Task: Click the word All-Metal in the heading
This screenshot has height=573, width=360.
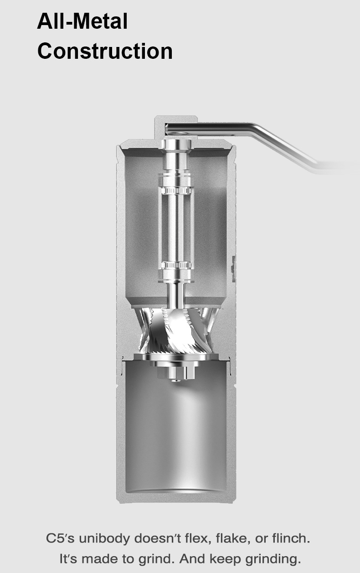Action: coord(82,21)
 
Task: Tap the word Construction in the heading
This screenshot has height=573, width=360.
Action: coord(105,51)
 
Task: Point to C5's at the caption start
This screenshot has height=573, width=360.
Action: coord(60,538)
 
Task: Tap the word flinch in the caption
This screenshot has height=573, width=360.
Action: coord(290,538)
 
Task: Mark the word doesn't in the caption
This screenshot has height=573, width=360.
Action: coord(155,538)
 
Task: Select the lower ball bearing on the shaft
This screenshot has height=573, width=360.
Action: coord(175,265)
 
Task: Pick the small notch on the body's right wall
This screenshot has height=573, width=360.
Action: coord(233,268)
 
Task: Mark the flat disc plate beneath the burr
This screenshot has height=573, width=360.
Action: coord(176,357)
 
